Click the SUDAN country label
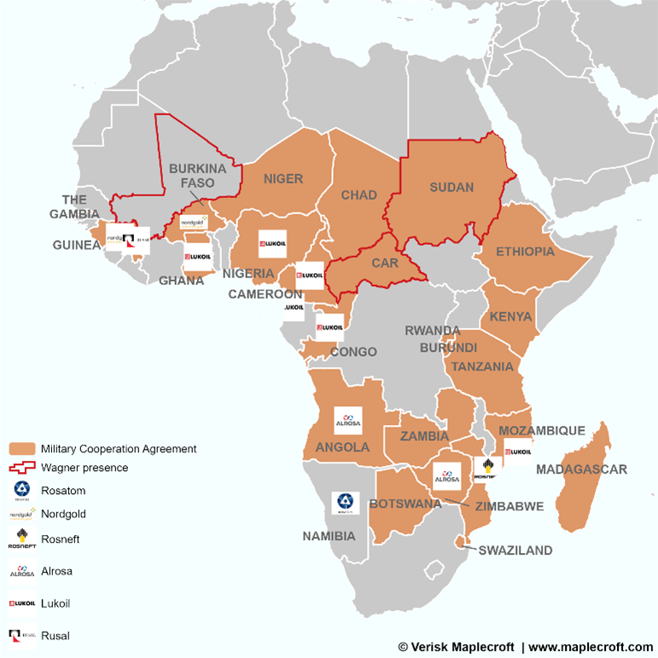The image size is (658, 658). coord(451,188)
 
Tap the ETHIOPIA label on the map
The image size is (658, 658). coord(525,252)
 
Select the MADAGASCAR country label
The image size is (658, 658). coord(581,469)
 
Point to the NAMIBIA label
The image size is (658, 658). coord(330,537)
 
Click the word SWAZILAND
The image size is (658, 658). coord(515,550)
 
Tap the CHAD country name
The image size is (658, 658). coord(358,195)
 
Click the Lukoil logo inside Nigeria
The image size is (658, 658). coord(272,243)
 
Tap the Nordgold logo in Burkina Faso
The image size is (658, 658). coord(194,222)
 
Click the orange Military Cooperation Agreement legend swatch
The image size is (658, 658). coord(21,449)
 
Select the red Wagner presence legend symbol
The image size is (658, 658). coord(21,468)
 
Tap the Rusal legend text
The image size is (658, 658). coord(55,636)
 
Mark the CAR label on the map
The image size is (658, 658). coord(385,263)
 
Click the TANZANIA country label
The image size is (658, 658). coord(483,366)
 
